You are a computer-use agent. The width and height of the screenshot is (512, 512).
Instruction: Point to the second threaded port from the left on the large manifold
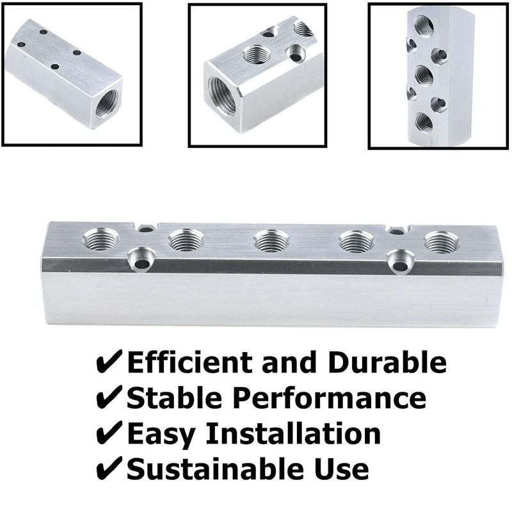184,241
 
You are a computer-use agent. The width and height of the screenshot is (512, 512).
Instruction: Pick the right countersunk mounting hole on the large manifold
400,259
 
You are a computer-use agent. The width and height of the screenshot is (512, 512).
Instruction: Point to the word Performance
326,398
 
